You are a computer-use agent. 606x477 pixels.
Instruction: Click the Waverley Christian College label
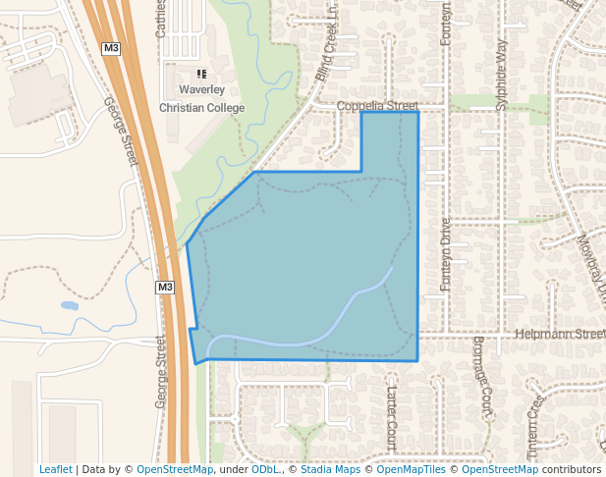tap(201, 98)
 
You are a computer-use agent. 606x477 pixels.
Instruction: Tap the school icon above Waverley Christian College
tap(201, 74)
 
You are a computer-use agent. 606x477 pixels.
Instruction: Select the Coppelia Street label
tap(377, 106)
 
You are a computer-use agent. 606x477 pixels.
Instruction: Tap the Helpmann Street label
tap(561, 335)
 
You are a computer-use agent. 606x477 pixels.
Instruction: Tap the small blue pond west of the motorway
tap(70, 306)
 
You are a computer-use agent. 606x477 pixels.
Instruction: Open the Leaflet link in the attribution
tap(55, 469)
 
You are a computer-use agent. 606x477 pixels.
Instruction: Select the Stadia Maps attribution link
tap(330, 469)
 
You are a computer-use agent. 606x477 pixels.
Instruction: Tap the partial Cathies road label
tap(161, 20)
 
